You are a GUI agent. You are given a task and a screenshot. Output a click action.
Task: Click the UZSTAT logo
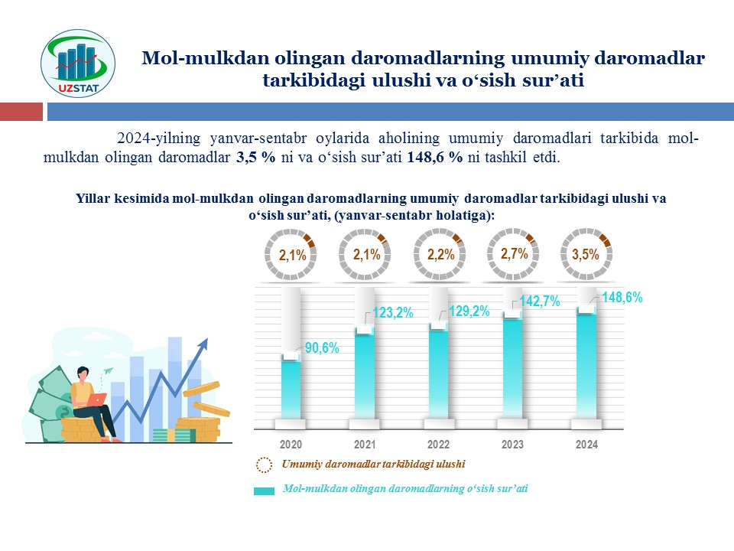[76, 64]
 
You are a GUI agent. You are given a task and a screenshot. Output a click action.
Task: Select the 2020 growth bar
[291, 386]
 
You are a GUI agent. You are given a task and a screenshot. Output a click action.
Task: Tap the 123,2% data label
[392, 312]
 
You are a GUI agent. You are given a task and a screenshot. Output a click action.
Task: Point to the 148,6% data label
[622, 298]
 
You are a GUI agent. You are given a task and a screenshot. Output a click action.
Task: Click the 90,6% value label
[322, 348]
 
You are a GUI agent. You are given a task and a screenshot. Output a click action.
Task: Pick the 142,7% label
[541, 302]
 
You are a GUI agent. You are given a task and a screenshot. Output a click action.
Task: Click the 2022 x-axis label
[439, 445]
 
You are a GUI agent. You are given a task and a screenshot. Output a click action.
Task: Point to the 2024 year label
[586, 445]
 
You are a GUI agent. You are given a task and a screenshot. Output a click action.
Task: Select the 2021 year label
[365, 445]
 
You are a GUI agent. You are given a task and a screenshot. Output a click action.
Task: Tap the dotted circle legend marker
[264, 465]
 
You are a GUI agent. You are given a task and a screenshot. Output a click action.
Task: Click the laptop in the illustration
[97, 399]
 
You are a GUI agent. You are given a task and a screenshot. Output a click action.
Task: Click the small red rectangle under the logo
[21, 112]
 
